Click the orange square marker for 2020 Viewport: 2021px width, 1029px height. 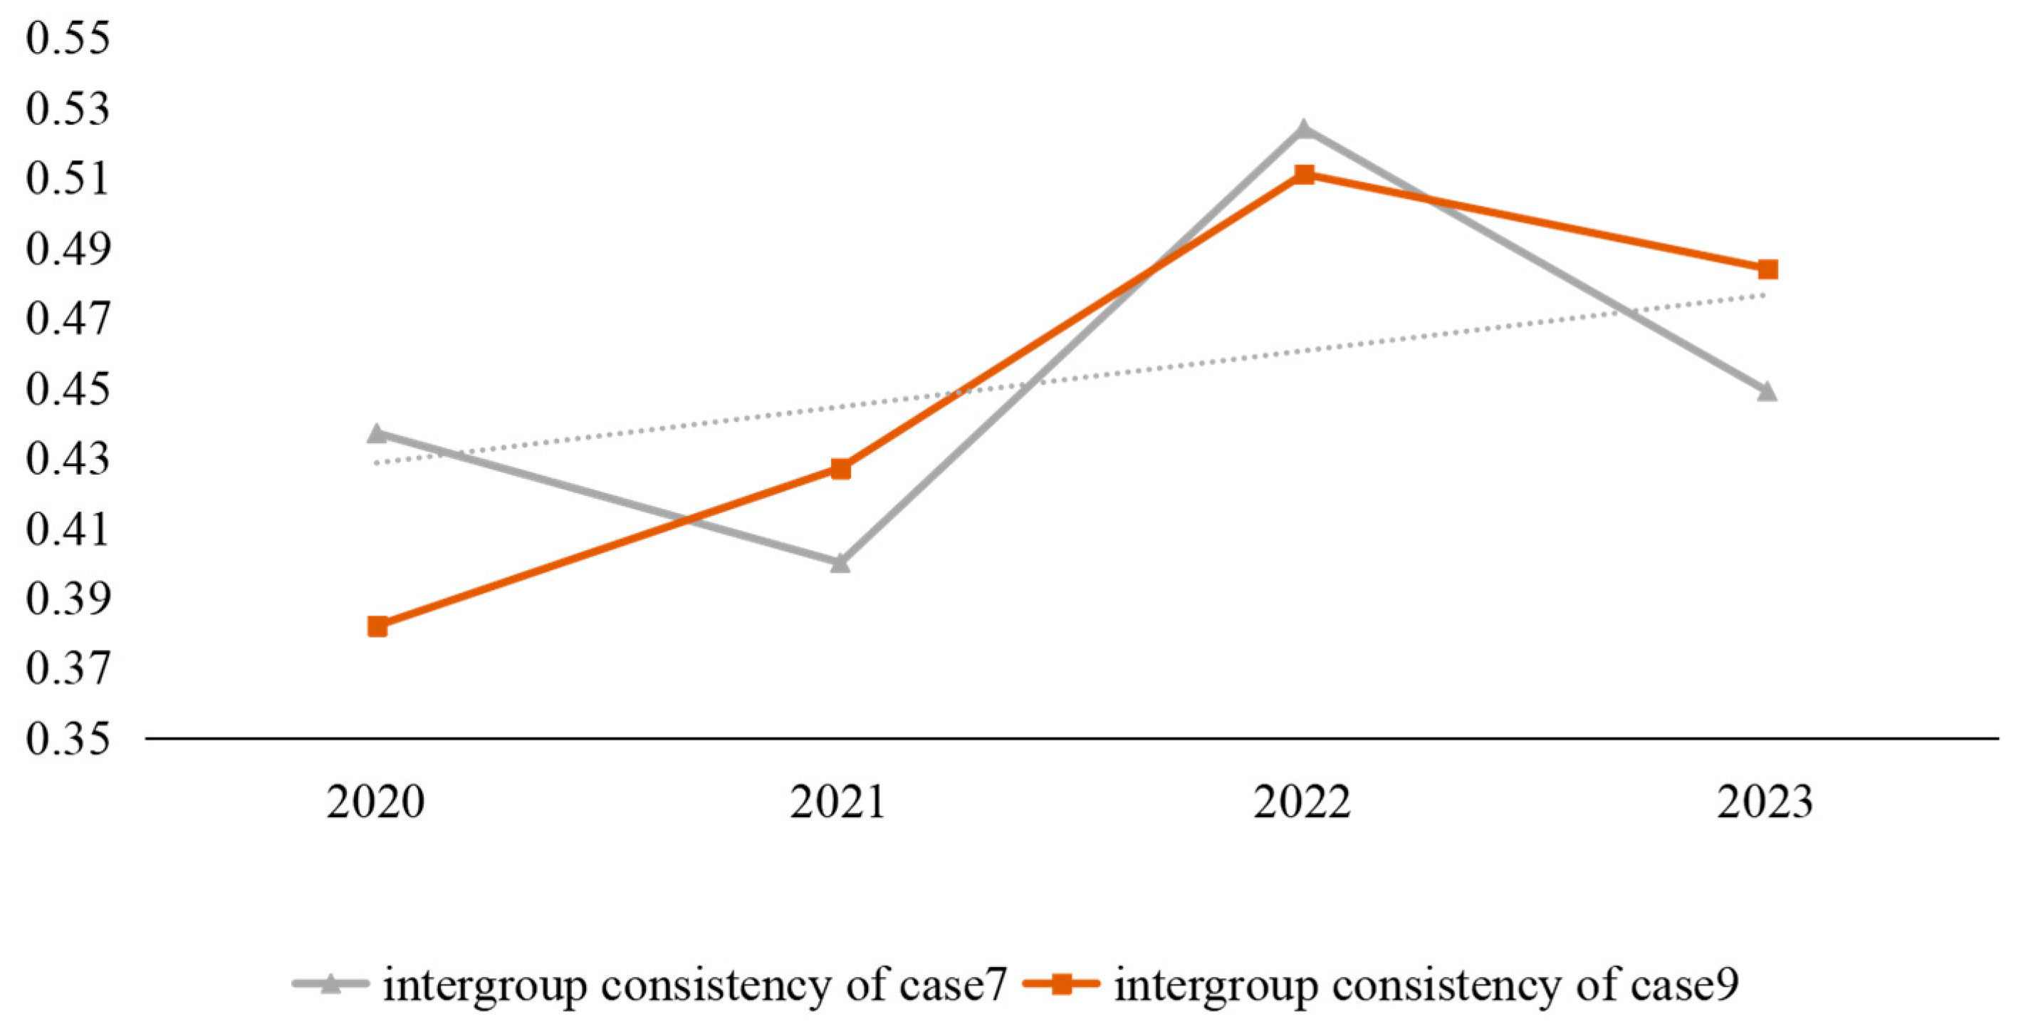coord(377,626)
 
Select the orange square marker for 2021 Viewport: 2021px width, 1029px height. coord(840,470)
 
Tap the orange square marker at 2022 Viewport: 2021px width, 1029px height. coord(1304,175)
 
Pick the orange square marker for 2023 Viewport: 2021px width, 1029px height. coord(1767,270)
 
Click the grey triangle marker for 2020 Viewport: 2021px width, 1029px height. coord(377,433)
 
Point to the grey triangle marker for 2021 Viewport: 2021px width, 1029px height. coord(840,563)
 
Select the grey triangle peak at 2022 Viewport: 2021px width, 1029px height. coord(1304,130)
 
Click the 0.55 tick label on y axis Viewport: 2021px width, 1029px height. coord(68,38)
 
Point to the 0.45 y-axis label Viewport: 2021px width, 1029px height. coord(68,389)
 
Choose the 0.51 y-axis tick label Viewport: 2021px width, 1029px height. coord(68,179)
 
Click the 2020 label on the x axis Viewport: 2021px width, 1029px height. coord(376,802)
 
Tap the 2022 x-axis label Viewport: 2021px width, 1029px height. coord(1302,802)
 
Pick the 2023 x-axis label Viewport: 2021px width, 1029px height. coord(1765,802)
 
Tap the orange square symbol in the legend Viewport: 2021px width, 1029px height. coord(1062,983)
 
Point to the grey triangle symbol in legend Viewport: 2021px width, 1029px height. coord(330,983)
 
